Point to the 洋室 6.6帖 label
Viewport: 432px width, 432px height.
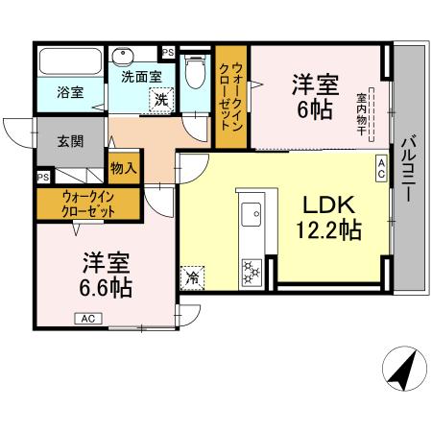(x=106, y=274)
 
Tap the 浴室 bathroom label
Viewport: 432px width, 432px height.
(x=69, y=93)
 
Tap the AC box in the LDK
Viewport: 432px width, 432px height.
(x=380, y=170)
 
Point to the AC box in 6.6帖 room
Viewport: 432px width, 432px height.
(x=86, y=319)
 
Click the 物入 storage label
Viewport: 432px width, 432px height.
(x=123, y=167)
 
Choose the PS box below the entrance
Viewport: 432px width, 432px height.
(x=43, y=178)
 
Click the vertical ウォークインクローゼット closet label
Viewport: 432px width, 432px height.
(x=230, y=98)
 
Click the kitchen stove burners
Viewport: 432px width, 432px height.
(x=252, y=271)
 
